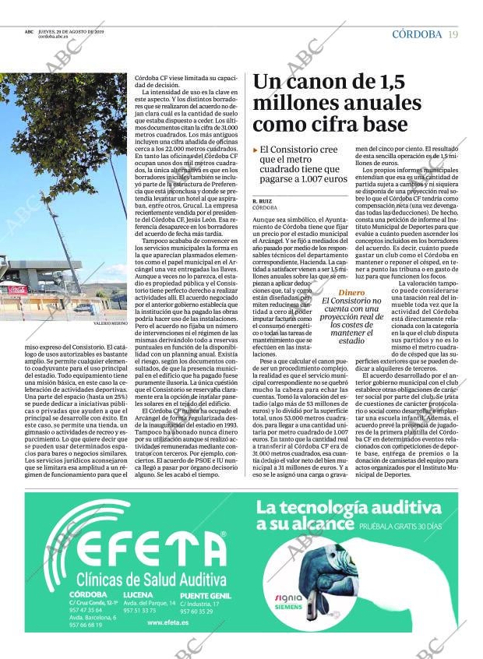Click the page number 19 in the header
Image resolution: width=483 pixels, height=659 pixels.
pyautogui.click(x=453, y=34)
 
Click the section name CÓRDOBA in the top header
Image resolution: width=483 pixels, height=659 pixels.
pyautogui.click(x=417, y=34)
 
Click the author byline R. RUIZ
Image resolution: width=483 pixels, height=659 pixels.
pyautogui.click(x=262, y=201)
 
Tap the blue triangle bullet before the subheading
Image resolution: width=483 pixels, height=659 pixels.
pyautogui.click(x=256, y=149)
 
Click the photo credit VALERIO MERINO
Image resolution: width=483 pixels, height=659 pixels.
pyautogui.click(x=110, y=322)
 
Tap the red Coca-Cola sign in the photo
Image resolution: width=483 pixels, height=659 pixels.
pyautogui.click(x=17, y=290)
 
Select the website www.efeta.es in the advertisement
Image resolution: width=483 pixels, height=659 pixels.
pyautogui.click(x=164, y=622)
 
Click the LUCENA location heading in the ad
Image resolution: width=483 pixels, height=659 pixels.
pyautogui.click(x=139, y=594)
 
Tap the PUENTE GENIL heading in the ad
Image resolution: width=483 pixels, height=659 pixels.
pyautogui.click(x=205, y=595)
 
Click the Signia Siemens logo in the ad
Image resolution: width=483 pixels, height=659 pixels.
pyautogui.click(x=288, y=602)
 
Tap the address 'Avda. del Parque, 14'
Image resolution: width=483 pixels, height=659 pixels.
pyautogui.click(x=150, y=603)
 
